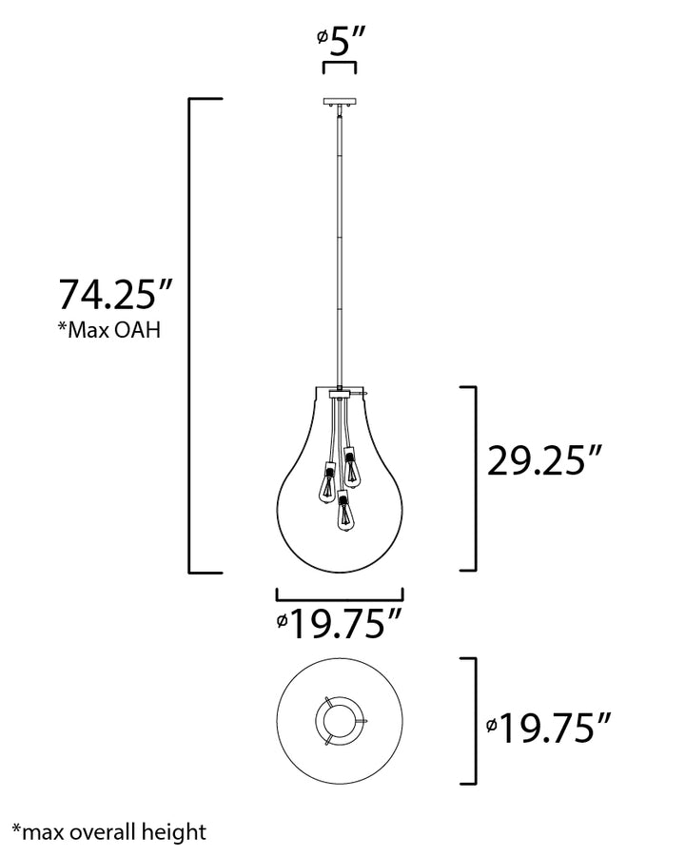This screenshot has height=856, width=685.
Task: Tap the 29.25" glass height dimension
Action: [x=544, y=460]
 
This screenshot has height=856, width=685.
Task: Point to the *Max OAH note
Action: [x=109, y=330]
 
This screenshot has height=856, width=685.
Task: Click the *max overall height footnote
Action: [x=109, y=832]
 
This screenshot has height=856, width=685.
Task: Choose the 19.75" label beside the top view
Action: [x=547, y=728]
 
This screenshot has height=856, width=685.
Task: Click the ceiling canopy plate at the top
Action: [x=340, y=102]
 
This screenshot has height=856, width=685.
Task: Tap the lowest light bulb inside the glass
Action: [x=342, y=512]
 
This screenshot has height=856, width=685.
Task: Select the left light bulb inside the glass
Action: [x=328, y=481]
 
